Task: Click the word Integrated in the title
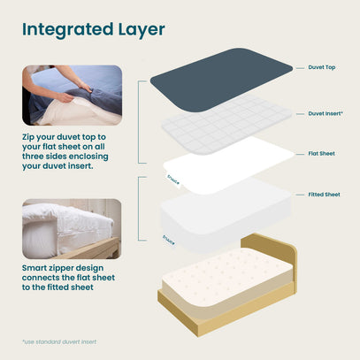pos(68,30)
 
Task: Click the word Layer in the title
pos(142,30)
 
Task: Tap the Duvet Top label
pos(322,67)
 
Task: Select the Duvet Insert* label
pos(326,113)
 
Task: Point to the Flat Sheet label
pos(321,154)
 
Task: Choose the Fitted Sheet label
pos(324,195)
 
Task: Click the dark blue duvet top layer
pos(221,79)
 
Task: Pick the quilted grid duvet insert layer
pos(227,124)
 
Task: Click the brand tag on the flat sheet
pos(173,180)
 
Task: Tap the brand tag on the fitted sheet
pos(168,241)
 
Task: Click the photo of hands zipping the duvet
pos(73,96)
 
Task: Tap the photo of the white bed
pos(72,229)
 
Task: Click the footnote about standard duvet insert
pos(59,342)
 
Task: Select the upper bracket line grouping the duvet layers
pos(139,122)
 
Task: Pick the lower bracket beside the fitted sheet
pos(139,209)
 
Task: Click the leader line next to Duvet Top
pos(300,68)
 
